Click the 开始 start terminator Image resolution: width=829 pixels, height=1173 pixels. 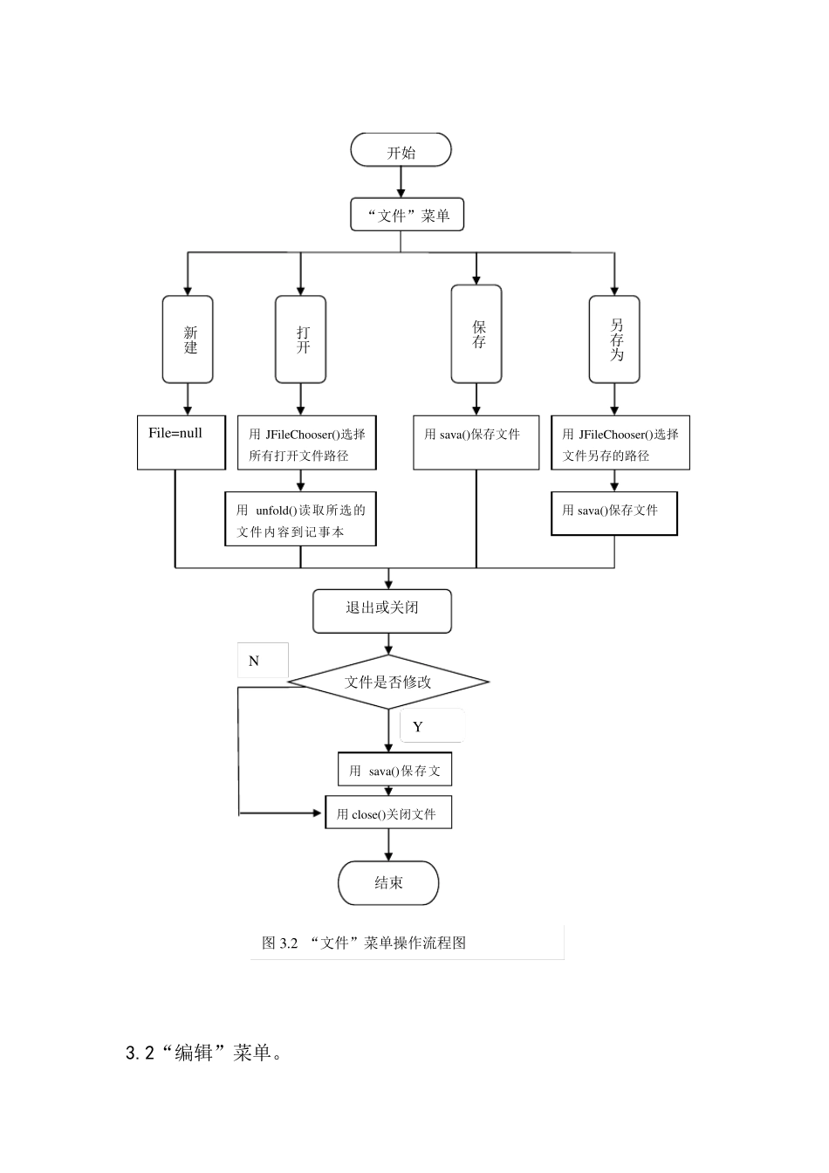point(401,151)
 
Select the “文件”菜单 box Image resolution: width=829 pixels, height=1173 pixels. point(407,215)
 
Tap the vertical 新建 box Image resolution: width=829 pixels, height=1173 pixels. point(188,340)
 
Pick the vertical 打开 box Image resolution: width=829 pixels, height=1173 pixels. point(300,340)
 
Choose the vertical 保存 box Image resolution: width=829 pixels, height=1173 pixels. point(476,334)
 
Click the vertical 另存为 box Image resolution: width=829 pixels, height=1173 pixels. point(614,340)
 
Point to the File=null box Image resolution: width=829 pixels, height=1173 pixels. point(182,442)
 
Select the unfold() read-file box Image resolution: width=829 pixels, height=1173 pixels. point(300,520)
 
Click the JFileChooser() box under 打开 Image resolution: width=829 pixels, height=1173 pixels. point(306,443)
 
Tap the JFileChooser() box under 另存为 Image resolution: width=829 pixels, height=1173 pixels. point(620,443)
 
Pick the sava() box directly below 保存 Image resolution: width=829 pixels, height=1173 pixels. point(476,443)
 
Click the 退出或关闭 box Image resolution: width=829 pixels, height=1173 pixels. point(382,611)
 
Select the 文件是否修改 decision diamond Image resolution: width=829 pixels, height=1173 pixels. point(388,682)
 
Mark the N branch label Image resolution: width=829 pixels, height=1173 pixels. point(254,662)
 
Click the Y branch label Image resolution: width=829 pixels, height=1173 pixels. point(418,726)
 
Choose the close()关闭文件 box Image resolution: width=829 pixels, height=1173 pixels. point(388,813)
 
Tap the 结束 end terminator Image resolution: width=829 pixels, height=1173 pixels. point(388,882)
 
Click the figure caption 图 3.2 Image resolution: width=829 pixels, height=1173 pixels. point(364,943)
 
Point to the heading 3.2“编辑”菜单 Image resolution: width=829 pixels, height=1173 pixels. point(204,1053)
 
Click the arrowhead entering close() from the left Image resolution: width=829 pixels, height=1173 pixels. point(319,813)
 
